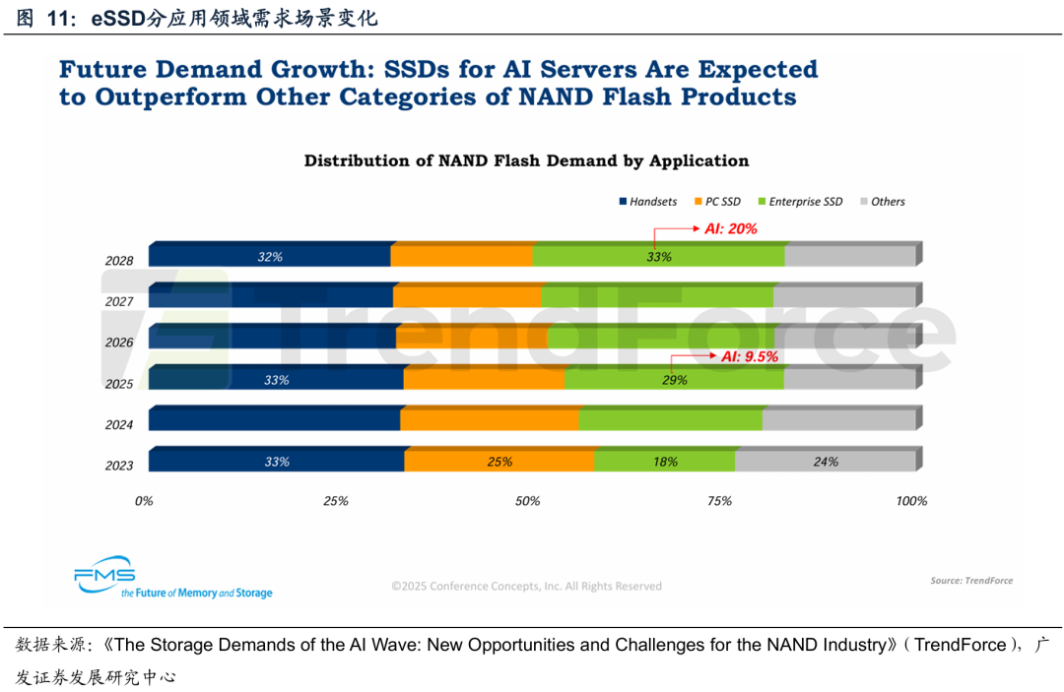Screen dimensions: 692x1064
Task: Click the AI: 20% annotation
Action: pyautogui.click(x=730, y=228)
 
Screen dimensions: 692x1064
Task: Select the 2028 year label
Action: pyautogui.click(x=119, y=261)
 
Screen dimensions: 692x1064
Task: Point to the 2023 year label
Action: pyautogui.click(x=119, y=466)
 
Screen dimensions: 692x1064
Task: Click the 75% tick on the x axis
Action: pyautogui.click(x=719, y=501)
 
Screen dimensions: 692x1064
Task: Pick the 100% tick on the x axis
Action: pyautogui.click(x=911, y=501)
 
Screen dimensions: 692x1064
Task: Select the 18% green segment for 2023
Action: pyautogui.click(x=665, y=461)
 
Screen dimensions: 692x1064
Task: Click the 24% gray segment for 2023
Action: pyautogui.click(x=826, y=461)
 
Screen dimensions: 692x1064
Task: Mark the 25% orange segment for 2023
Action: pyautogui.click(x=499, y=461)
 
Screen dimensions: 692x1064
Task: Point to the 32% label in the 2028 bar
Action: pyautogui.click(x=270, y=256)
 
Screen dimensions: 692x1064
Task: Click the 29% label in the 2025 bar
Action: pyautogui.click(x=675, y=379)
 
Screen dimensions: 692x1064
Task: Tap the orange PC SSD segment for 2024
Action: pyautogui.click(x=490, y=419)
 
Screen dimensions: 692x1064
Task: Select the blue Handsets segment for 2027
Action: pyautogui.click(x=271, y=296)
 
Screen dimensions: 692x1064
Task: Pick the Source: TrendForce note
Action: pyautogui.click(x=971, y=581)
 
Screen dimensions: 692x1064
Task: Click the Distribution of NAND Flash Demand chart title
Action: pyautogui.click(x=526, y=160)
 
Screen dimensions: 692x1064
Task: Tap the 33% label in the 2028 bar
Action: pyautogui.click(x=659, y=257)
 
